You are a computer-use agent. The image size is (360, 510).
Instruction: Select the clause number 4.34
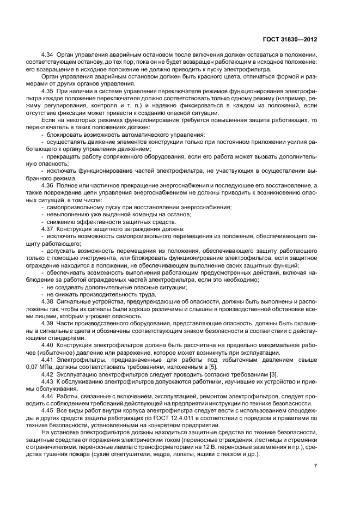[x=48, y=56]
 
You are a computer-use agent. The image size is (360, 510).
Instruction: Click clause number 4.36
[x=48, y=186]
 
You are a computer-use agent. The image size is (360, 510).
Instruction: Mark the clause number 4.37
[x=48, y=229]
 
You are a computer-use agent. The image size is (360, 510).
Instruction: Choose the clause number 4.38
[x=48, y=301]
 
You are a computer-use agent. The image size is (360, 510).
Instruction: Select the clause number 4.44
[x=48, y=394]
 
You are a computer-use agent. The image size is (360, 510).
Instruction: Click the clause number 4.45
[x=48, y=409]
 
